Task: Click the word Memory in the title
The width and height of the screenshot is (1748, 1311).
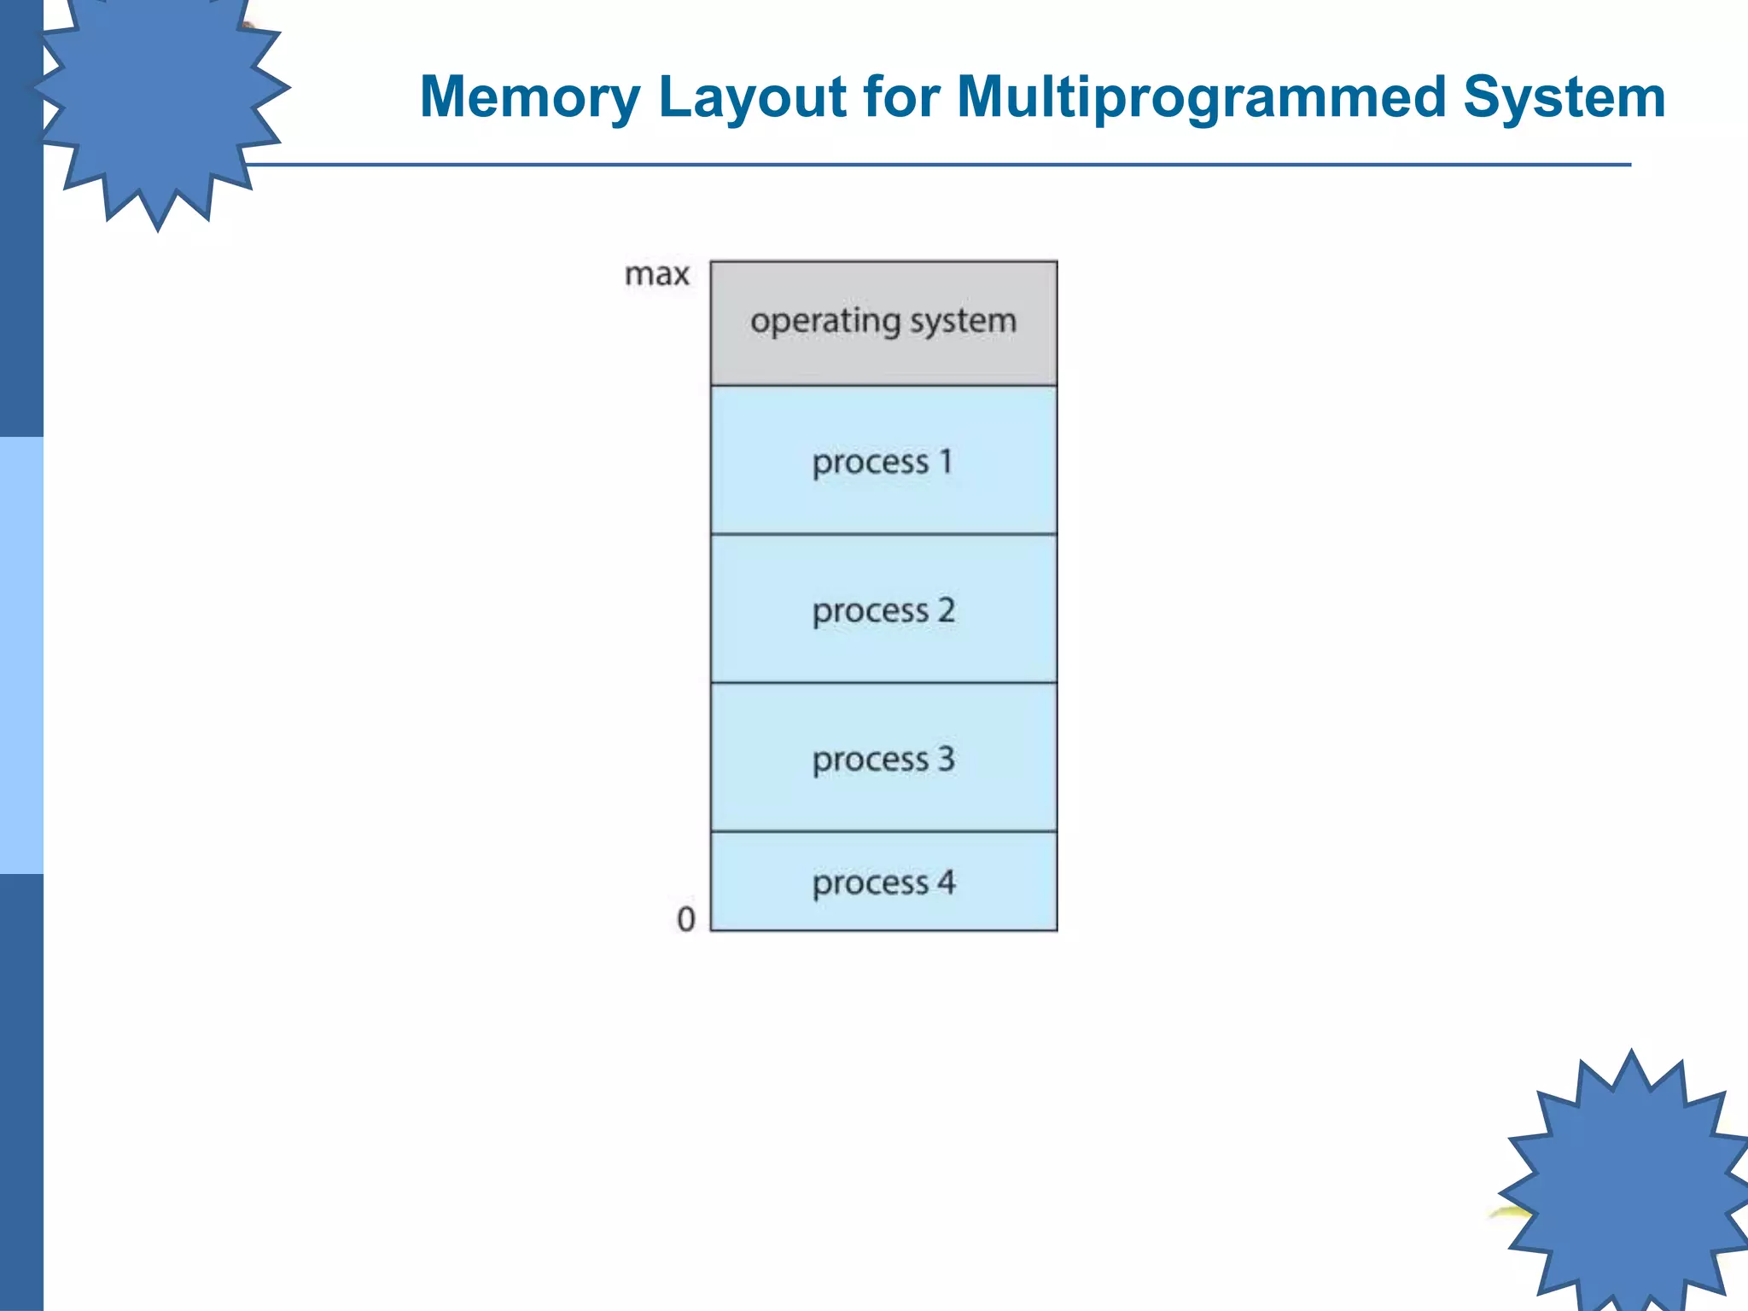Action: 529,96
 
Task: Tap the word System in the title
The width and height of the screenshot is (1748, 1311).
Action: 1564,96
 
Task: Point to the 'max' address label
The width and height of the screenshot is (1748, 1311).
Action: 656,275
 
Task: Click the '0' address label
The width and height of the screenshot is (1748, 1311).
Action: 685,919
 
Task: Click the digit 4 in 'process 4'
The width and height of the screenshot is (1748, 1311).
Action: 946,882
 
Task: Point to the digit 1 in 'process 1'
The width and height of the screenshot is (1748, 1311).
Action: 946,461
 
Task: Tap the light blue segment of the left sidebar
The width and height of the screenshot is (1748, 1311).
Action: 21,655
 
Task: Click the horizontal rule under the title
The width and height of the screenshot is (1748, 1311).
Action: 939,164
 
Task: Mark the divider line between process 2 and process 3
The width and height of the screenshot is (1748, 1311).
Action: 883,683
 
